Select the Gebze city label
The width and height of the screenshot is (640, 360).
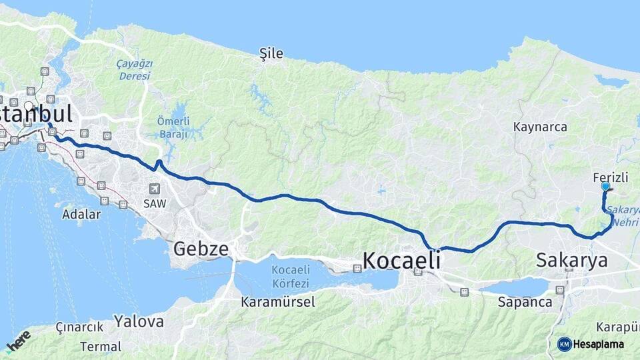(201, 249)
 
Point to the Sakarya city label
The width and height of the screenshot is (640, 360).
(572, 260)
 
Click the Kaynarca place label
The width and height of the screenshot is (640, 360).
(540, 127)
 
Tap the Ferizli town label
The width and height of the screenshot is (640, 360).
(609, 177)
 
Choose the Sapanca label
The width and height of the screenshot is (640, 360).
(525, 301)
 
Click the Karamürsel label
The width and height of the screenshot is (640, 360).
(278, 301)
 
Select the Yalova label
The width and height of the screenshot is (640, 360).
(139, 321)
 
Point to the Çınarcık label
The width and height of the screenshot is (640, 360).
(79, 327)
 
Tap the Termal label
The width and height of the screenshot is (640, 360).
(101, 347)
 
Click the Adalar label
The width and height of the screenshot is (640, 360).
(81, 215)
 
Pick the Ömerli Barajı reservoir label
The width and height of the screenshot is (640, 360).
(173, 127)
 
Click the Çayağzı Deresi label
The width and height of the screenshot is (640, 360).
(135, 69)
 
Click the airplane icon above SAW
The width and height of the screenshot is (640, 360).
(155, 189)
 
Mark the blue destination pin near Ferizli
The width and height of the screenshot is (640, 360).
(605, 187)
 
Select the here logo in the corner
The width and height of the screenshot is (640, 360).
(19, 341)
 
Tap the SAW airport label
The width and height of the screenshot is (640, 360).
(155, 203)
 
